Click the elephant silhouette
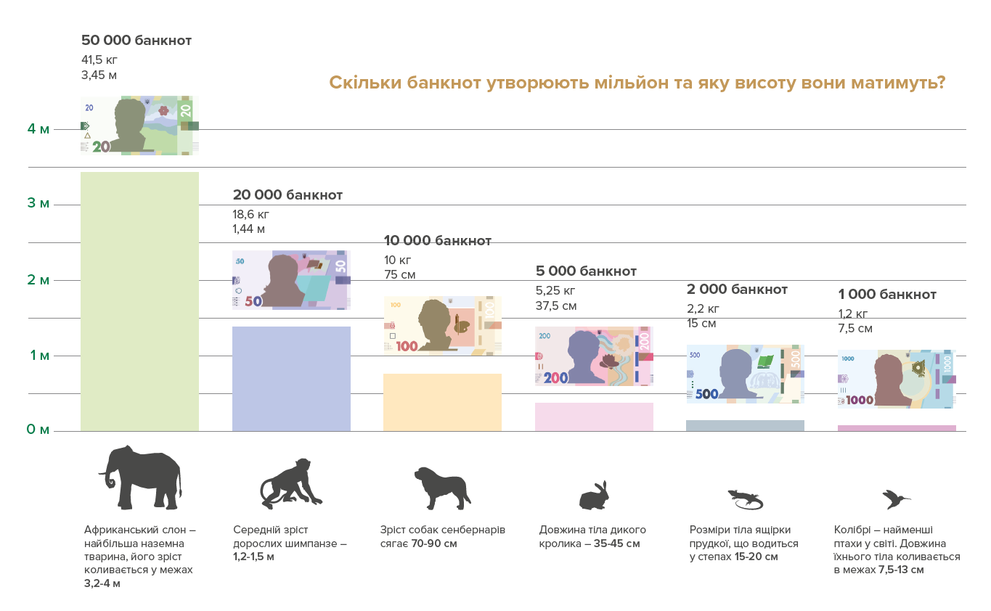click(141, 477)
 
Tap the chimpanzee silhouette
click(290, 484)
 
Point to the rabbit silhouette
click(594, 496)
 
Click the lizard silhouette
click(746, 499)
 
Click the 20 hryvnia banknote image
click(139, 126)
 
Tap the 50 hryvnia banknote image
click(291, 280)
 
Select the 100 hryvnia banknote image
click(442, 325)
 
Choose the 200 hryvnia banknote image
click(594, 356)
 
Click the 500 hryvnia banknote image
click(746, 374)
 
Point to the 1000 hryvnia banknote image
click(897, 379)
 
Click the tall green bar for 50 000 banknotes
click(139, 302)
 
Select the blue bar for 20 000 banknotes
click(291, 379)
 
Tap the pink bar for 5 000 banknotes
click(594, 417)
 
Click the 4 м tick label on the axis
click(38, 129)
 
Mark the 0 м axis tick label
click(38, 430)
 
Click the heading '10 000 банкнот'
click(438, 241)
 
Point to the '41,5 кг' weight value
click(99, 60)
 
